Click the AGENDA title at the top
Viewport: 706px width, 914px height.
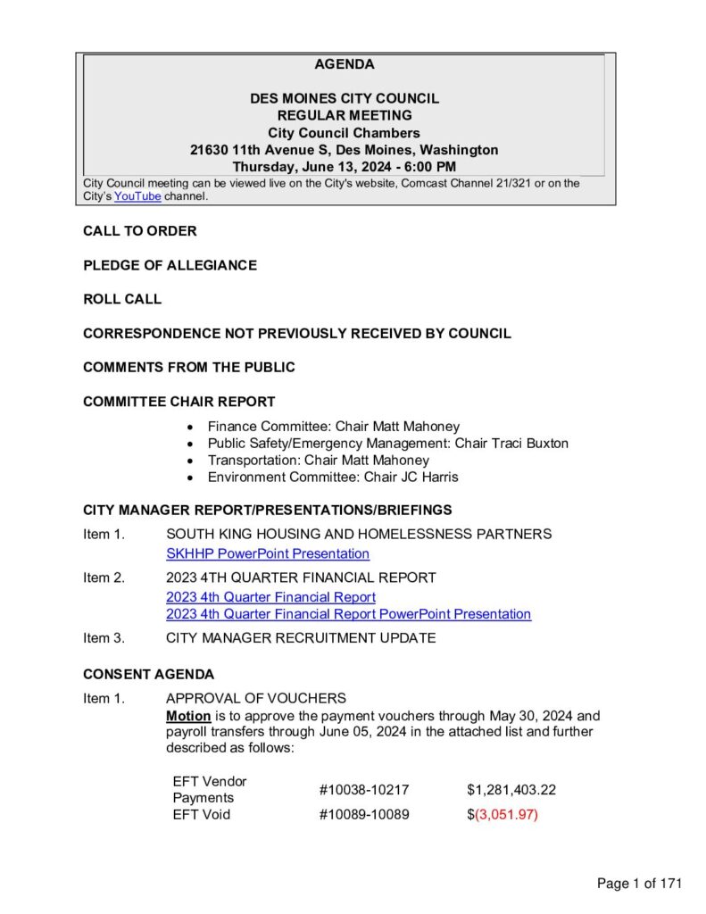click(345, 64)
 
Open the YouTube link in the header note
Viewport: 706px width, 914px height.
click(137, 196)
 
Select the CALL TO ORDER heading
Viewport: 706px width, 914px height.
click(140, 231)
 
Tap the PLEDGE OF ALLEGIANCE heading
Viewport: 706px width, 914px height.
click(170, 265)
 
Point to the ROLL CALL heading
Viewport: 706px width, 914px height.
click(122, 299)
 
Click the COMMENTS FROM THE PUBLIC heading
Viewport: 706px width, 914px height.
click(189, 367)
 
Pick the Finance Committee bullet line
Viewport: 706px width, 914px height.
click(333, 427)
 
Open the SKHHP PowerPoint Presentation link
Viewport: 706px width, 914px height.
click(268, 554)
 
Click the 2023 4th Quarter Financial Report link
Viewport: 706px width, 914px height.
click(270, 597)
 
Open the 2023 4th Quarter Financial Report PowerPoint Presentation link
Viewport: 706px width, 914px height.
click(348, 614)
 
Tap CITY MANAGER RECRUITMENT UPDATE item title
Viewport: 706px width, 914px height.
click(301, 638)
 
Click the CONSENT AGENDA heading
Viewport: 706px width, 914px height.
click(148, 674)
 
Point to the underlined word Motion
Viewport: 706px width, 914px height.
click(188, 716)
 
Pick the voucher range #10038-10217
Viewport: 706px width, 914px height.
click(364, 790)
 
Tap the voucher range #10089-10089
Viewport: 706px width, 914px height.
click(364, 815)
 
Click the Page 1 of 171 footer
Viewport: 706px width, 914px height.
click(639, 884)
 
